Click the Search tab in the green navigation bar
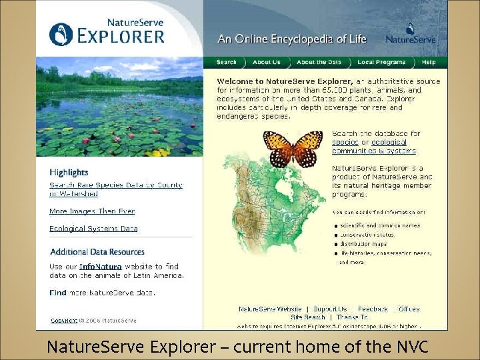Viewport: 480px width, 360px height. tap(227, 62)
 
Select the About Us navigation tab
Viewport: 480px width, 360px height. tap(267, 62)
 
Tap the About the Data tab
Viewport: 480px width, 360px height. tap(319, 62)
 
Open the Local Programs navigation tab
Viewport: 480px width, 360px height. tap(381, 62)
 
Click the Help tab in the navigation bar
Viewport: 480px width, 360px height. tap(429, 62)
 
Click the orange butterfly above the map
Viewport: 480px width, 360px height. tap(293, 147)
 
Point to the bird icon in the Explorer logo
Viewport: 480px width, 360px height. tap(61, 34)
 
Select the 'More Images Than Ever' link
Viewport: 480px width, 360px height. tap(92, 211)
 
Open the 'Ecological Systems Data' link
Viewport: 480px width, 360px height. tap(93, 229)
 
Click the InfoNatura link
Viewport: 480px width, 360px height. tap(100, 267)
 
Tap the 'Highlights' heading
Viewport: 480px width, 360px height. tap(69, 173)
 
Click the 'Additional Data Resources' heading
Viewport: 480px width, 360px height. tap(97, 252)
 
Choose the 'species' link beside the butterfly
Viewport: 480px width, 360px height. tap(345, 142)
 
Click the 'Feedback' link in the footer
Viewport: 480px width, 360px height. tap(373, 309)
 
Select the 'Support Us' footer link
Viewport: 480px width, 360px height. tap(330, 309)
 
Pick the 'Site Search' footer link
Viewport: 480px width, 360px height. tap(308, 317)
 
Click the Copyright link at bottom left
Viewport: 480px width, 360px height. tap(64, 321)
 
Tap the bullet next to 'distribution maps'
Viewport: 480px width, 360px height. tap(336, 244)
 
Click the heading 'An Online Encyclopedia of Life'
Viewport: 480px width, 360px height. tap(292, 39)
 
